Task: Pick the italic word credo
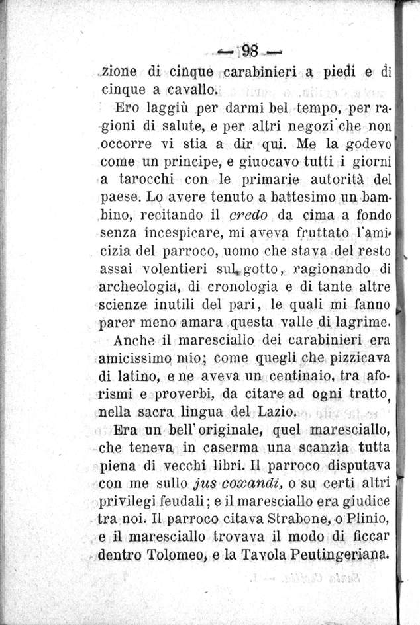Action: click(x=247, y=216)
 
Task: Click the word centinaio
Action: click(x=309, y=378)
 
